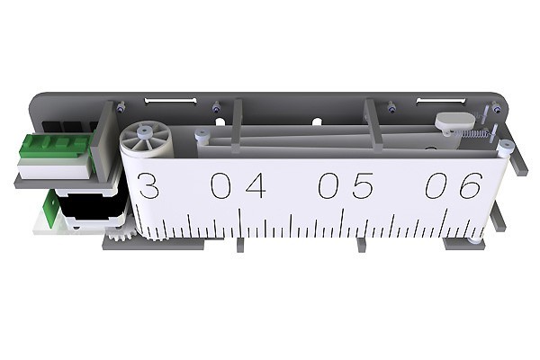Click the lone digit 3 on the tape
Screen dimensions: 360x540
(x=148, y=186)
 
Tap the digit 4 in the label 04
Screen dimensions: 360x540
(x=255, y=186)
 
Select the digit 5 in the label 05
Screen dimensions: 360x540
(x=362, y=186)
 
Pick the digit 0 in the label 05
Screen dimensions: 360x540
(x=328, y=186)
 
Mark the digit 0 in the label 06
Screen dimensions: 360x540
(x=436, y=185)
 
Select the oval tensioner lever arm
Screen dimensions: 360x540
(x=452, y=119)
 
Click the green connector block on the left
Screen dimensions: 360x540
(x=56, y=146)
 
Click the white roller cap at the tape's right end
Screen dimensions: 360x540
(x=507, y=146)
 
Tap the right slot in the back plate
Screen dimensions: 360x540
(x=441, y=100)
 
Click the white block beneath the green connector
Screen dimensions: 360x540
(x=54, y=169)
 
